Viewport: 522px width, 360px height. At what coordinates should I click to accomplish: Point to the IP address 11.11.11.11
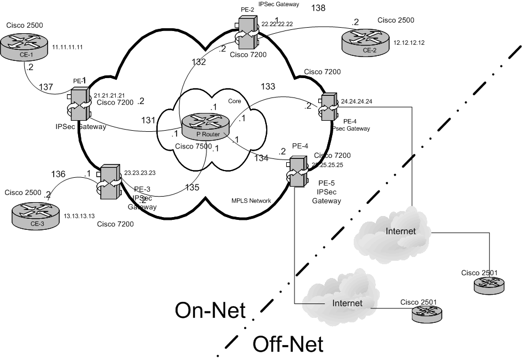click(67, 48)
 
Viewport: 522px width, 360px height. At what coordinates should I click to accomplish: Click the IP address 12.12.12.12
click(409, 43)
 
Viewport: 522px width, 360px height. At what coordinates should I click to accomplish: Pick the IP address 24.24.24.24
click(356, 101)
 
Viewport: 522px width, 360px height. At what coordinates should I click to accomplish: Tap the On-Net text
click(210, 310)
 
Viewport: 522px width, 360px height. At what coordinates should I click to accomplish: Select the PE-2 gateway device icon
click(246, 30)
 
